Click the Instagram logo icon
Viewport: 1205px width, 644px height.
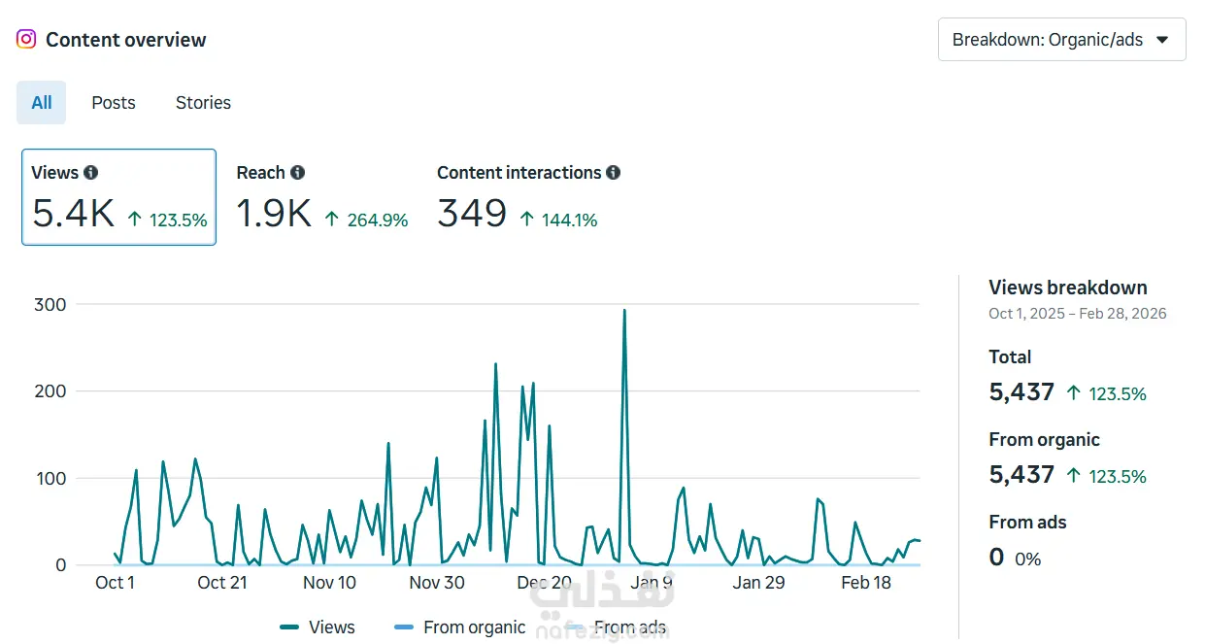coord(26,39)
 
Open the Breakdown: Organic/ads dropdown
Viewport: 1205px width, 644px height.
coord(1061,39)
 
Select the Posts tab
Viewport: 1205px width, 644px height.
coord(114,102)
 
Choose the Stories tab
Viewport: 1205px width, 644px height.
coord(203,102)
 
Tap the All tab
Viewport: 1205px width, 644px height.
coord(42,102)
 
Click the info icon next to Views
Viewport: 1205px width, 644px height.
coord(91,172)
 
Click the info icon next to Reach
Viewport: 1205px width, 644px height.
coord(297,172)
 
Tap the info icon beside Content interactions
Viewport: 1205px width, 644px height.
coord(614,172)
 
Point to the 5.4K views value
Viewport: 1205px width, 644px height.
coord(73,213)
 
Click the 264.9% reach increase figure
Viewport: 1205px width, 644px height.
coord(377,220)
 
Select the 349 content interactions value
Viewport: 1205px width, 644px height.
coord(472,213)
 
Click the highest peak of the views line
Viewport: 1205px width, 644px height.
coord(624,310)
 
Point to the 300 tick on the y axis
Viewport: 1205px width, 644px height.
coord(50,304)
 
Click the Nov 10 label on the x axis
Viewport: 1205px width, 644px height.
coord(329,582)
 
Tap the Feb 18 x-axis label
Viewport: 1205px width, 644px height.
coord(866,582)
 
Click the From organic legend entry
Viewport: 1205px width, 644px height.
coord(460,627)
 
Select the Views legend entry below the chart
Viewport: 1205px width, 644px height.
coord(318,627)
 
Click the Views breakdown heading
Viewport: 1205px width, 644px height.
coord(1068,288)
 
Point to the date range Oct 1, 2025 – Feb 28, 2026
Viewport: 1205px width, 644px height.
coord(1078,313)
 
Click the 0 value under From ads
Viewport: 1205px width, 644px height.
coord(996,557)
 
